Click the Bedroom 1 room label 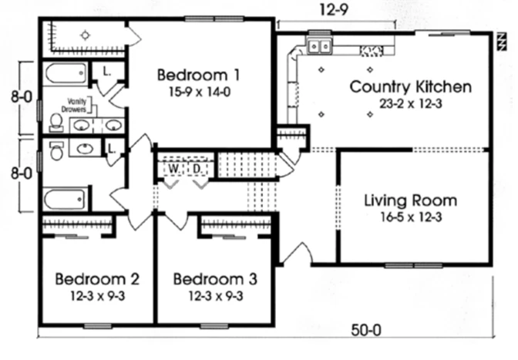(x=198, y=75)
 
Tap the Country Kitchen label (x=411, y=87)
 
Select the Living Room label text (x=411, y=200)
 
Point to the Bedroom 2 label (x=97, y=279)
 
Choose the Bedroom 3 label (x=215, y=279)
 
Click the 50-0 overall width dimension (x=366, y=330)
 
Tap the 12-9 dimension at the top (x=334, y=10)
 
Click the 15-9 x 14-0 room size (x=200, y=92)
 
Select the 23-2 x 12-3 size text (x=411, y=104)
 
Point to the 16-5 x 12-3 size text (x=411, y=217)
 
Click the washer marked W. (x=173, y=169)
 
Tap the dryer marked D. (x=197, y=169)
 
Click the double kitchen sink (x=319, y=46)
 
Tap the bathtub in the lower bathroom (x=64, y=199)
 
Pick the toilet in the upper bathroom (x=56, y=122)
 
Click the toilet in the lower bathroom (x=57, y=150)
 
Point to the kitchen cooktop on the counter (x=372, y=51)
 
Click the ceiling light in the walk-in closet (x=86, y=35)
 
